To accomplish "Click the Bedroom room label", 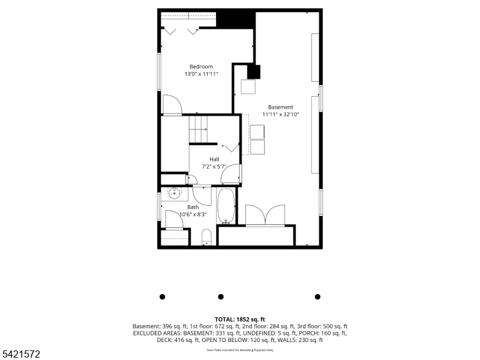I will pyautogui.click(x=201, y=67).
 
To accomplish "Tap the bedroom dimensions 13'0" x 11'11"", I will pyautogui.click(x=201, y=74).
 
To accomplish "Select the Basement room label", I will pyautogui.click(x=280, y=107).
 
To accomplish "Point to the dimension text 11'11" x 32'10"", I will pyautogui.click(x=280, y=114).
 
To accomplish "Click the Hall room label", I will pyautogui.click(x=214, y=159).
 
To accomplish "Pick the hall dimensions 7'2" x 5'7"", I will pyautogui.click(x=214, y=166).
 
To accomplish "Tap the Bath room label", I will pyautogui.click(x=193, y=207).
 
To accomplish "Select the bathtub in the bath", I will pyautogui.click(x=226, y=206).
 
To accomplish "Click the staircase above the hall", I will pyautogui.click(x=199, y=129).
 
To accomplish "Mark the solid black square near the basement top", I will pyautogui.click(x=254, y=72).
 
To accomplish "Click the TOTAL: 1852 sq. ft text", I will pyautogui.click(x=240, y=319).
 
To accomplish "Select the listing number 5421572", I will pyautogui.click(x=21, y=355).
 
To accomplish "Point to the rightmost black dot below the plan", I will pyautogui.click(x=317, y=296).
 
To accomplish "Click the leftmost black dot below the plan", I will pyautogui.click(x=162, y=296).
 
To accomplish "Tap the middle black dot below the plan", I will pyautogui.click(x=221, y=296).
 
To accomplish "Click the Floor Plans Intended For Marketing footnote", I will pyautogui.click(x=240, y=350).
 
